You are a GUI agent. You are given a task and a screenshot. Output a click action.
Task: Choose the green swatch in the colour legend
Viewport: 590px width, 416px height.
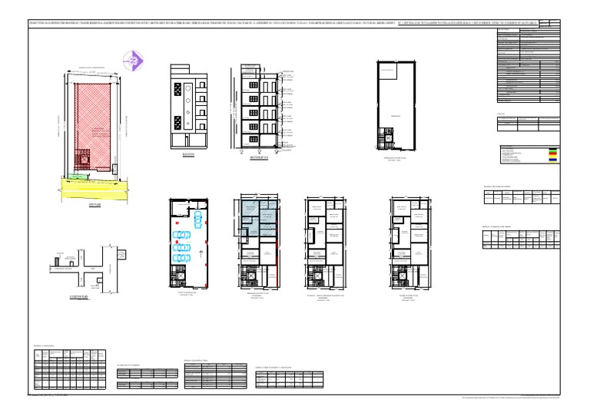(552, 152)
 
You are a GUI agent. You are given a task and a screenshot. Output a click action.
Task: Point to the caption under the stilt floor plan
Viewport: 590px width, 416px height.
(188, 295)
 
